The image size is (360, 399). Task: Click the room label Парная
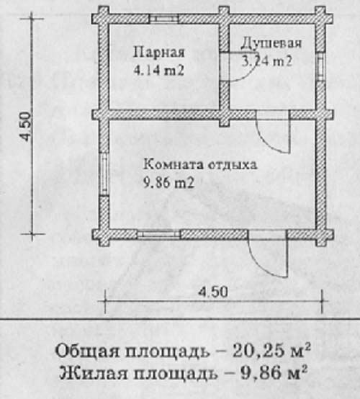pos(159,53)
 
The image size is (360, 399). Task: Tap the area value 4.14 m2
pos(159,71)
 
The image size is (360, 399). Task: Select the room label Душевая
pos(271,44)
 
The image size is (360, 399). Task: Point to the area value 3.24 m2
pos(266,61)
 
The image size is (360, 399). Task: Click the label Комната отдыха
pos(200,164)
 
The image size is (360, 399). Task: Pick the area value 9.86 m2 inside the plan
pos(169,183)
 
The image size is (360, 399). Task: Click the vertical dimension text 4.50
pos(26,127)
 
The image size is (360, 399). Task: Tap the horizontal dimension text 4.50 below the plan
pos(213,292)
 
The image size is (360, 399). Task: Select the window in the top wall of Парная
pos(163,19)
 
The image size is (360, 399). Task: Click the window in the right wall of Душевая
pos(320,67)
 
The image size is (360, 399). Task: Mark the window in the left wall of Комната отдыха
pos(104,174)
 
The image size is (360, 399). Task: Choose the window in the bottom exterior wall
pos(159,234)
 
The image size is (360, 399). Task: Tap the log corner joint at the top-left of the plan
pos(104,19)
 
